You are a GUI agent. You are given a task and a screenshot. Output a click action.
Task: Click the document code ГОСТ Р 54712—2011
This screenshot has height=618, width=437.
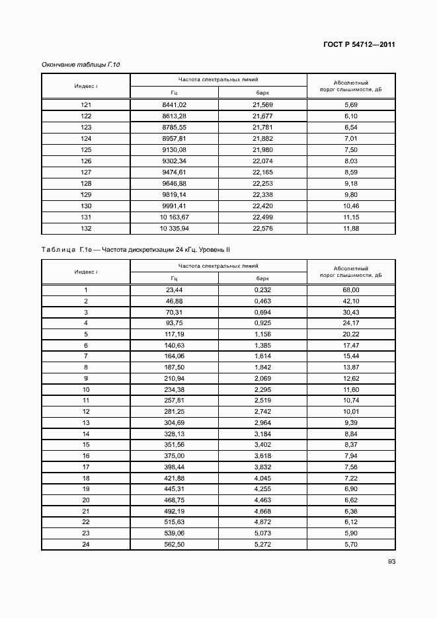360,45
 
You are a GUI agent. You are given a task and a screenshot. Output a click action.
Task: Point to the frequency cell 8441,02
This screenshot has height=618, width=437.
175,105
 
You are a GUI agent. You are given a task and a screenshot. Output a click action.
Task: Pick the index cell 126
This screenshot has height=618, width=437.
86,161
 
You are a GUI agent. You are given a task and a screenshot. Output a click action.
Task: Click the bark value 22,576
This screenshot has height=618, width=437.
262,229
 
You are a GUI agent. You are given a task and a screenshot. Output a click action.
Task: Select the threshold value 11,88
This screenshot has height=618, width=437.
351,229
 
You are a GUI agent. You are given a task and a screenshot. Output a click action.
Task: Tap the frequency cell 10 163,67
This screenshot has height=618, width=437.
175,217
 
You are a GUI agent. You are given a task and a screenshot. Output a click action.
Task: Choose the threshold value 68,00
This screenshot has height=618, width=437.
351,290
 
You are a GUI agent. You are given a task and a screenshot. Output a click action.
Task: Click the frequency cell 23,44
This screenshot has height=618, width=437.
175,290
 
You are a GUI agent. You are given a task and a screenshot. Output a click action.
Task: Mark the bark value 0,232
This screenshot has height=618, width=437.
262,290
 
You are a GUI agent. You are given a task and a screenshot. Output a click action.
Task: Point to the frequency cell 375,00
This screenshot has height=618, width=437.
175,456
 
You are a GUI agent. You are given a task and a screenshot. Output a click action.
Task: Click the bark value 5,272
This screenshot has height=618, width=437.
262,545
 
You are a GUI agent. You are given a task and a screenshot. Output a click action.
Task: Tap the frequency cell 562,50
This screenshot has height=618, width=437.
175,545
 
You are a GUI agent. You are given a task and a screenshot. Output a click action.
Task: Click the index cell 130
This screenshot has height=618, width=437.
86,206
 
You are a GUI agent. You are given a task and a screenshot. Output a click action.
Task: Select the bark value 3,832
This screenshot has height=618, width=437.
262,467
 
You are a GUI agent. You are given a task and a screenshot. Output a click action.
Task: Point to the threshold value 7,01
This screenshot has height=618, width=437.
351,138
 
